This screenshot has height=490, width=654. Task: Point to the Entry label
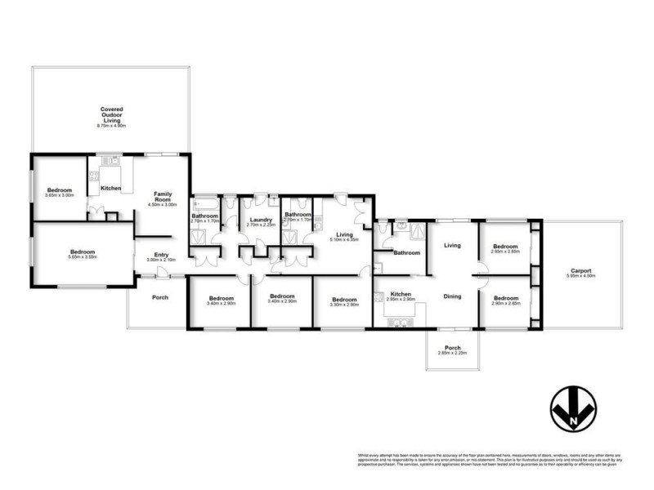tap(161, 255)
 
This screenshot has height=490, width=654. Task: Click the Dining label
tap(453, 296)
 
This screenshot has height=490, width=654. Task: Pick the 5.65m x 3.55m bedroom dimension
tap(83, 258)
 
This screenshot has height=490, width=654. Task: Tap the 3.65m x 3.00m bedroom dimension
tap(60, 195)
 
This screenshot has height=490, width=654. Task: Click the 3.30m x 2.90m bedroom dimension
tap(343, 304)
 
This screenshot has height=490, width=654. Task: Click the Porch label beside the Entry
tap(160, 297)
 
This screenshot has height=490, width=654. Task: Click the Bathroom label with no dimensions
tap(405, 253)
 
